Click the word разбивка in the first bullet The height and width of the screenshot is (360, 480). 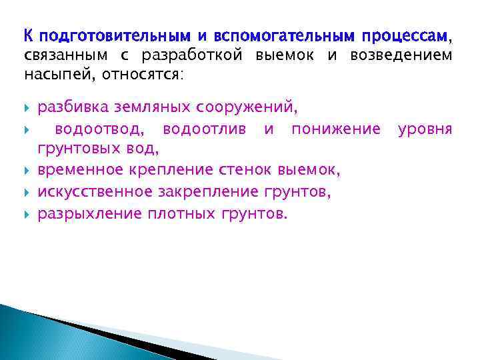pos(71,107)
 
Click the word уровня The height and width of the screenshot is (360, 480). pos(425,129)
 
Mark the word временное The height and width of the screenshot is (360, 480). pos(77,171)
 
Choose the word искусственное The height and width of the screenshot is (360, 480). pos(94,193)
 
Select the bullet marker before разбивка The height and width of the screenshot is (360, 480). pos(27,107)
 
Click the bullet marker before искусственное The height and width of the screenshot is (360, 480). pos(27,193)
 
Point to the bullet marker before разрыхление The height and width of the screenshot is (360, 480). pos(27,214)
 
